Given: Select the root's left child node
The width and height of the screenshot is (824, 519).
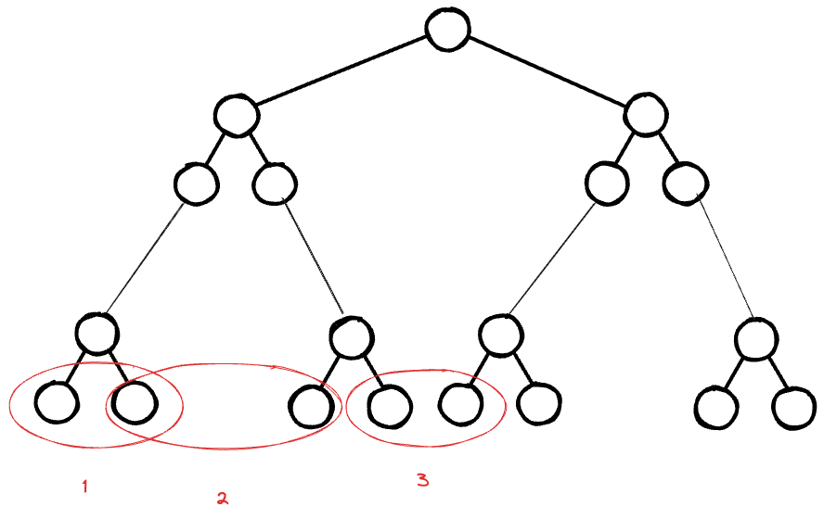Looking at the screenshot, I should click(235, 116).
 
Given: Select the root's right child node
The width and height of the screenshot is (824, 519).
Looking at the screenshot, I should click(644, 116).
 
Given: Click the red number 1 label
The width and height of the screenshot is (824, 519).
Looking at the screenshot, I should click(84, 486).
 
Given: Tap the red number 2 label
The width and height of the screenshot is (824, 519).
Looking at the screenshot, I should click(222, 499).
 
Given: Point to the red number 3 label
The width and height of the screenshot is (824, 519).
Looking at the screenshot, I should click(422, 479).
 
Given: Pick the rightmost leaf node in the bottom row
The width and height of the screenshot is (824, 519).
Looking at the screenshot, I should click(793, 406).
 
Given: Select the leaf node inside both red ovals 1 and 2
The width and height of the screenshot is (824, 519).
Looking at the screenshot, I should click(133, 402).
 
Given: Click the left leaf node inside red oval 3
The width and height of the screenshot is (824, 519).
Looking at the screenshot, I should click(388, 405).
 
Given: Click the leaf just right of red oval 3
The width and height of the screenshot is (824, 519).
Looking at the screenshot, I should click(539, 404).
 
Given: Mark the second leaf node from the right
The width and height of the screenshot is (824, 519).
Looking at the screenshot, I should click(716, 406).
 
